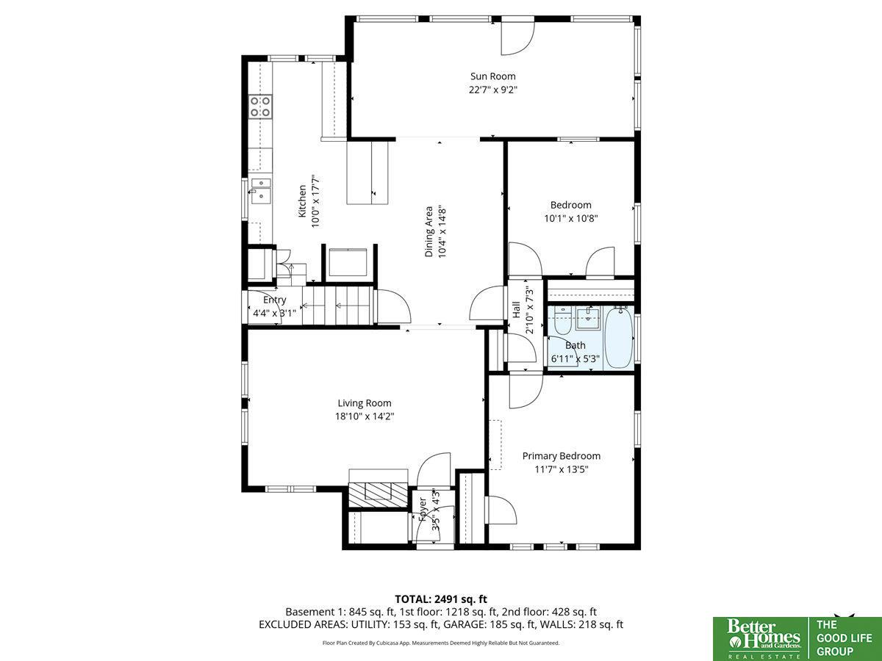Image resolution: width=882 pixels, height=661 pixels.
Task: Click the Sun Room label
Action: pos(492,76)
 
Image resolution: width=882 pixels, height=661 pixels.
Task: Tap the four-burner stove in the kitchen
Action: pos(260,106)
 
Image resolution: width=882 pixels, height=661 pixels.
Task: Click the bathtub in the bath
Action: pos(619,337)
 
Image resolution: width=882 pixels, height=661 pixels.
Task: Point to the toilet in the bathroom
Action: pos(562,322)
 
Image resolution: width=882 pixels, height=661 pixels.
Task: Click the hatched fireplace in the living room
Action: pos(378,495)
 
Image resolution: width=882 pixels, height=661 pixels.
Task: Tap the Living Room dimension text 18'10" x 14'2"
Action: pos(365,416)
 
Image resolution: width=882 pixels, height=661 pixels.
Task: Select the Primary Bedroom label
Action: pos(562,456)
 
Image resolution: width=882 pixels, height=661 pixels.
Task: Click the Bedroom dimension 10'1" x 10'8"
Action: pos(571,218)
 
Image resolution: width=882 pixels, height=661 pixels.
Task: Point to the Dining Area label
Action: pos(429,231)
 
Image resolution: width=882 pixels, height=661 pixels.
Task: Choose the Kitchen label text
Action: pos(302,201)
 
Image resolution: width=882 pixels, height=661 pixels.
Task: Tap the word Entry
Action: pos(275,300)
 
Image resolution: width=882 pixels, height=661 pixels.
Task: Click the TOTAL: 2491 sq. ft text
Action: pos(441,599)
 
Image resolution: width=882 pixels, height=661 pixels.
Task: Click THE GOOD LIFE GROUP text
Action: pos(844,637)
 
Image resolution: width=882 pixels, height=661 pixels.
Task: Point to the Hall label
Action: pos(517,310)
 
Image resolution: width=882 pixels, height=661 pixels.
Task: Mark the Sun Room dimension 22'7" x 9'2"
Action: pos(493,90)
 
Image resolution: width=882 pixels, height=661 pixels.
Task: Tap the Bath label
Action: pos(576,345)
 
